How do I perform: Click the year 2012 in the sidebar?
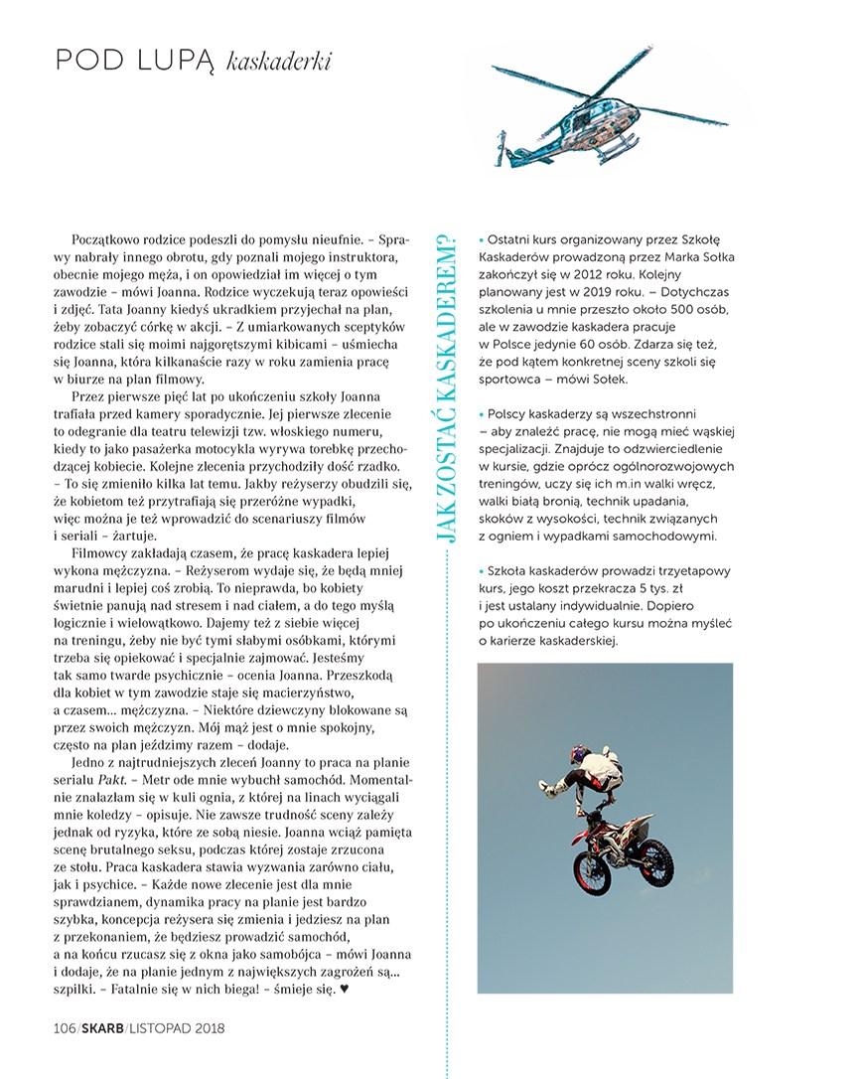[x=600, y=279]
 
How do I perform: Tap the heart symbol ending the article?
[x=345, y=990]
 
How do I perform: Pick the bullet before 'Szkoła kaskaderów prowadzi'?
[x=481, y=571]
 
